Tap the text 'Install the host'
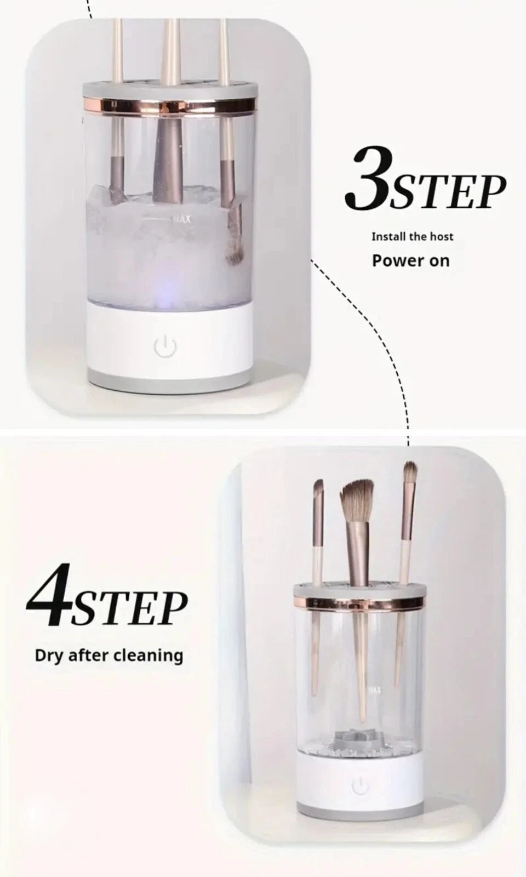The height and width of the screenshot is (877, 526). pos(413,237)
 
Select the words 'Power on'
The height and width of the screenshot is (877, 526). pos(410,260)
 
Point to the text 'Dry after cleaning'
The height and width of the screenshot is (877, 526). pos(109,656)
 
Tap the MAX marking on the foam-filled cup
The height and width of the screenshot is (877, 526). pos(182,220)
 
